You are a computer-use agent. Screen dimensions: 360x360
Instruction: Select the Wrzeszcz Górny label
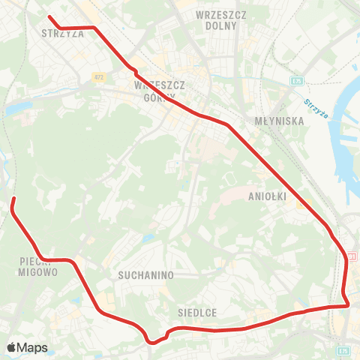160,90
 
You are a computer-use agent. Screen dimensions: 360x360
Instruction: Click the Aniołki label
264,196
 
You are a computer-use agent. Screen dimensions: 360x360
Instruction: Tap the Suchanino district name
145,275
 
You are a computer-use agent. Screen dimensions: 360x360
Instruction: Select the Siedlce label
198,312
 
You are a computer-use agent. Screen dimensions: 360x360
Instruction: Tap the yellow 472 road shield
99,76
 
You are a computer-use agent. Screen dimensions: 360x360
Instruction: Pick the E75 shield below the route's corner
343,349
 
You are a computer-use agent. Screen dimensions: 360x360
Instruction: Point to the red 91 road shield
352,256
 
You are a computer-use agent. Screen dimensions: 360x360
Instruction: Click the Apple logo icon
12,347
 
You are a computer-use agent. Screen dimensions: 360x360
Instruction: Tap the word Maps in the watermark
34,347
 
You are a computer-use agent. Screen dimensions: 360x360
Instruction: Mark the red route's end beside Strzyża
49,16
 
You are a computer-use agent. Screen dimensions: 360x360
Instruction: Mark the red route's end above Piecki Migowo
13,199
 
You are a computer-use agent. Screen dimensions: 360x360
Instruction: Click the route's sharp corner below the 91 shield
349,304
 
